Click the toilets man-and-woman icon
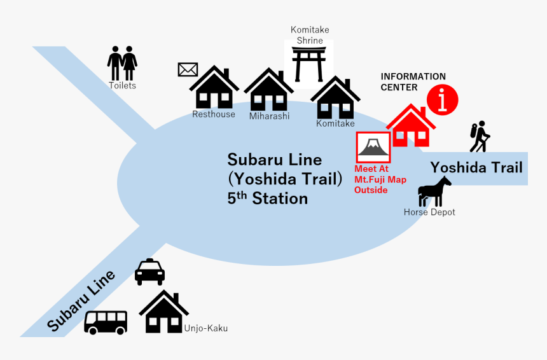pos(122,63)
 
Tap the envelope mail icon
pos(188,69)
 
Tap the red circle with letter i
pos(442,100)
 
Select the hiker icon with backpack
pos(480,136)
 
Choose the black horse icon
pos(434,191)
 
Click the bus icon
pos(106,322)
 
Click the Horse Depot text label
pos(429,212)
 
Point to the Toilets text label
pos(122,85)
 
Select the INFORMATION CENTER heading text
pos(413,81)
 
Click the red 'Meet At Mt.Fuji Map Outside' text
pos(380,179)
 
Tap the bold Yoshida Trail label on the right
pos(476,167)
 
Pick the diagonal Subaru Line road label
pos(81,301)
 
